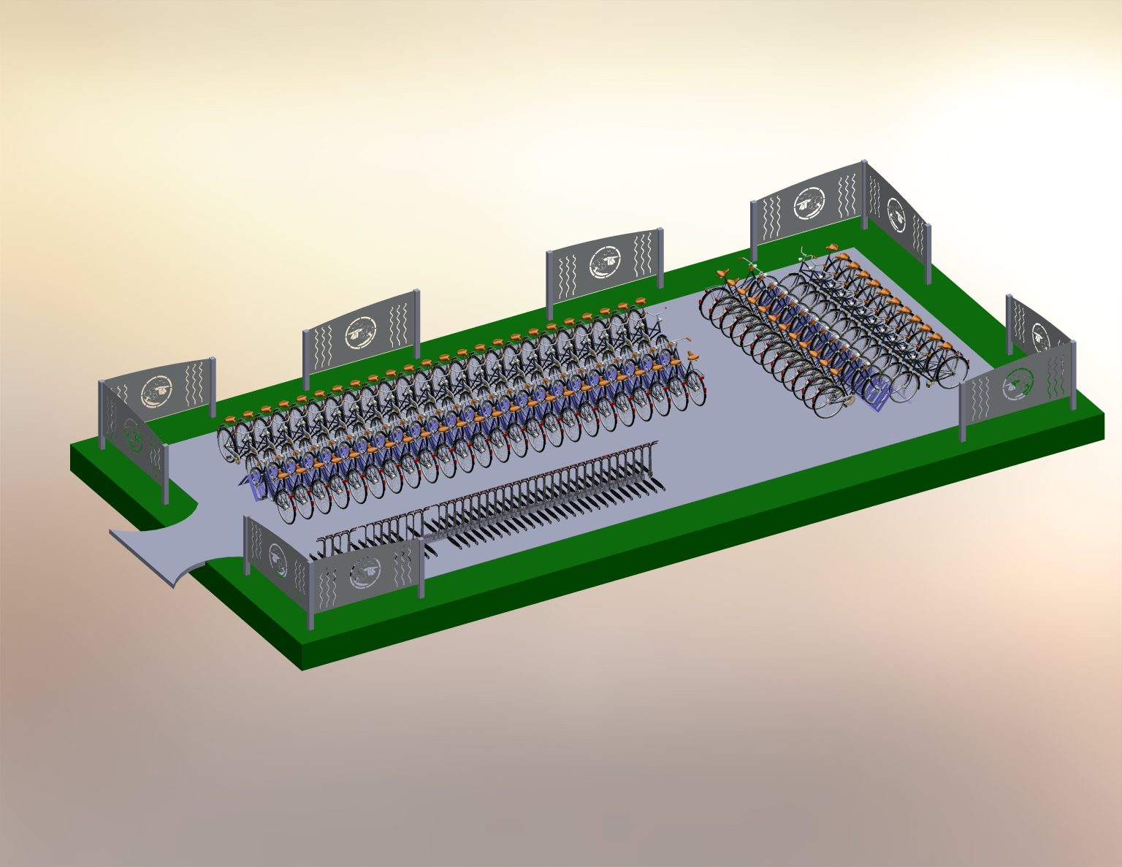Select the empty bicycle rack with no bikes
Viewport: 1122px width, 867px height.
[511, 497]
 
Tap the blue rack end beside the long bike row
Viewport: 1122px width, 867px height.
[256, 486]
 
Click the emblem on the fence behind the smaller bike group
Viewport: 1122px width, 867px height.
[809, 202]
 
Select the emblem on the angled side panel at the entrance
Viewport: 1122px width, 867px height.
[278, 559]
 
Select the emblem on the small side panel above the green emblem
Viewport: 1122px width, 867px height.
[1040, 335]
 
